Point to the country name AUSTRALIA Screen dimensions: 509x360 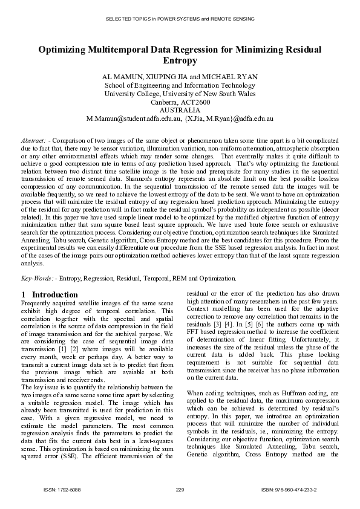(x=180, y=111)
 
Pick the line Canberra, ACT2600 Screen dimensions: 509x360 (x=180, y=102)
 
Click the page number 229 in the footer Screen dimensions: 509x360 (x=180, y=488)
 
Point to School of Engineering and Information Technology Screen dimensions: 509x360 (x=180, y=86)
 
